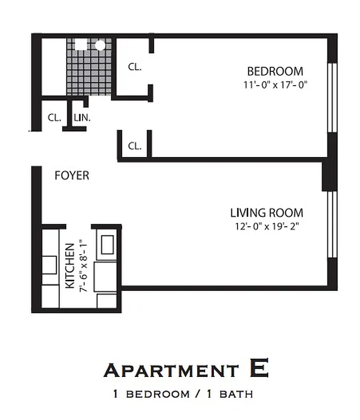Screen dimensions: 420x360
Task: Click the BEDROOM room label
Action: pyautogui.click(x=275, y=71)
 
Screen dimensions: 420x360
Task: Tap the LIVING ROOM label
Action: pyautogui.click(x=266, y=213)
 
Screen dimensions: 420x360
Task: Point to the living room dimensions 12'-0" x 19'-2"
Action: pyautogui.click(x=268, y=226)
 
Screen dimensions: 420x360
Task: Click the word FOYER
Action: pyautogui.click(x=72, y=175)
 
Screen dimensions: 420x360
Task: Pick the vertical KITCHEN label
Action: pyautogui.click(x=69, y=266)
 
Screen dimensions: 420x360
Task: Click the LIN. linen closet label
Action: pyautogui.click(x=83, y=118)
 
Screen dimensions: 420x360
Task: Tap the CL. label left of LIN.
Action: pyautogui.click(x=55, y=118)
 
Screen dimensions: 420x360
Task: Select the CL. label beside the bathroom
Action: pyautogui.click(x=135, y=67)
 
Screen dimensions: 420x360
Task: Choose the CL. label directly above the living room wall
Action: pyautogui.click(x=135, y=146)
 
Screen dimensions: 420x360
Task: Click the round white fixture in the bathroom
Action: pyautogui.click(x=99, y=45)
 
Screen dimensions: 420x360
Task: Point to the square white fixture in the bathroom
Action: pyautogui.click(x=80, y=45)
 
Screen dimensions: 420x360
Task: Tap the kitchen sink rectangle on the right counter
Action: pyautogui.click(x=109, y=245)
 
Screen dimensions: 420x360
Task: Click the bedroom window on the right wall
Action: pyautogui.click(x=331, y=97)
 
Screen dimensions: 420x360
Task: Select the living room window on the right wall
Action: pyautogui.click(x=331, y=224)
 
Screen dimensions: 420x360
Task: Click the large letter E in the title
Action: pyautogui.click(x=259, y=369)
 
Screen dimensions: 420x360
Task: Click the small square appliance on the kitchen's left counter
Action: pyautogui.click(x=50, y=265)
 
